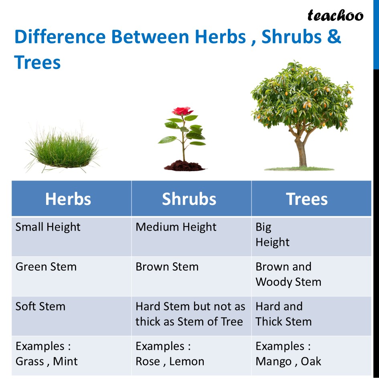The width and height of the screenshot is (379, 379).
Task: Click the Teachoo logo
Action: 335,16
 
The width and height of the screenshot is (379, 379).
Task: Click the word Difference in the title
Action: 60,37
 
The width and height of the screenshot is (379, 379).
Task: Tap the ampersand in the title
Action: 334,37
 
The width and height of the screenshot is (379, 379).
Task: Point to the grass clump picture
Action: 63,149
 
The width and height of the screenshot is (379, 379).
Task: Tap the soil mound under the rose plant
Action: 184,166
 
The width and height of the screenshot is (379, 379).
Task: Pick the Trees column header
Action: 311,199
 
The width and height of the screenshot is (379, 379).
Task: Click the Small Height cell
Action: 71,237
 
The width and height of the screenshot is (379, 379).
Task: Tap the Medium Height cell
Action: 191,237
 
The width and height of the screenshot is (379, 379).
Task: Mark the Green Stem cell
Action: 71,276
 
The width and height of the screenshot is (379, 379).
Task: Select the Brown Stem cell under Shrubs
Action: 191,276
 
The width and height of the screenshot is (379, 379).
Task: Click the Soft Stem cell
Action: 71,316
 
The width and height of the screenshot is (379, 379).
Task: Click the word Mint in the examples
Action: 65,361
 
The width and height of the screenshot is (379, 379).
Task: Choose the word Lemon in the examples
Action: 186,361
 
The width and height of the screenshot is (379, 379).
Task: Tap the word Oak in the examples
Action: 311,361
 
